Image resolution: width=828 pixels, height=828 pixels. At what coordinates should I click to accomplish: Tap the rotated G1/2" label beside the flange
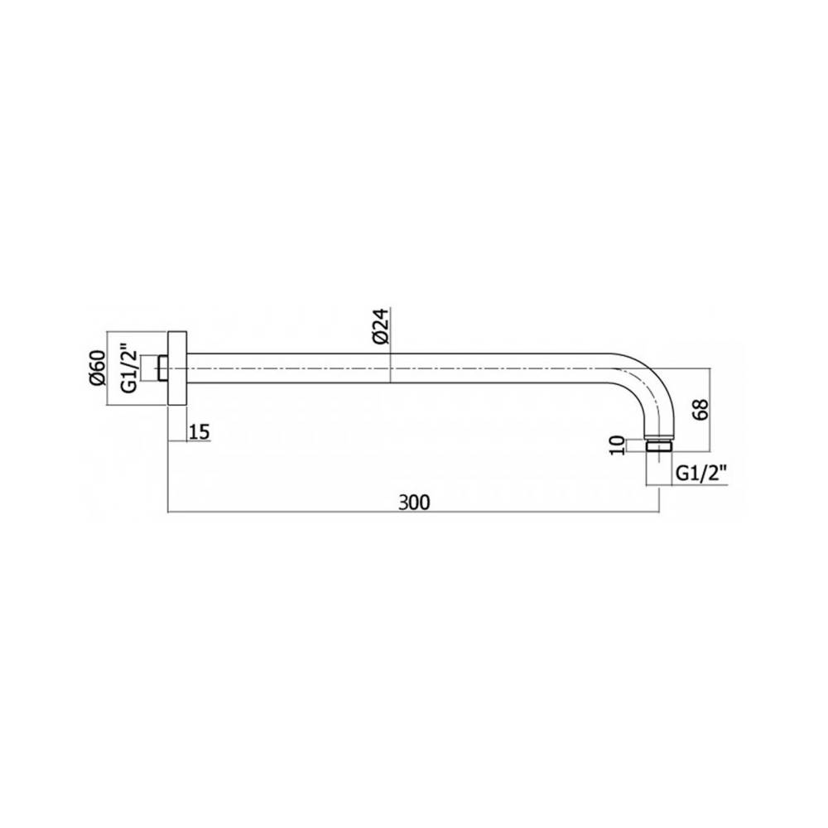(127, 368)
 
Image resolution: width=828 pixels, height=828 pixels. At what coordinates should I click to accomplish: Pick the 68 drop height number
(700, 410)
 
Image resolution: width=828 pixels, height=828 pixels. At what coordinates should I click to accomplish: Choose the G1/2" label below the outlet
(701, 473)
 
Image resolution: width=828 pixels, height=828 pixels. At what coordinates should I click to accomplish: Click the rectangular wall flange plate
(178, 368)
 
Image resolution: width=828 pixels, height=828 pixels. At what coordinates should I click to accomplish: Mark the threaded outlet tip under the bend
(659, 447)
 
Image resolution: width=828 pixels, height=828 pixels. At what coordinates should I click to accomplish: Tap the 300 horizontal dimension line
(331, 513)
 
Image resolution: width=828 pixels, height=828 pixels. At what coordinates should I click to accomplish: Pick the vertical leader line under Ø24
(390, 348)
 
